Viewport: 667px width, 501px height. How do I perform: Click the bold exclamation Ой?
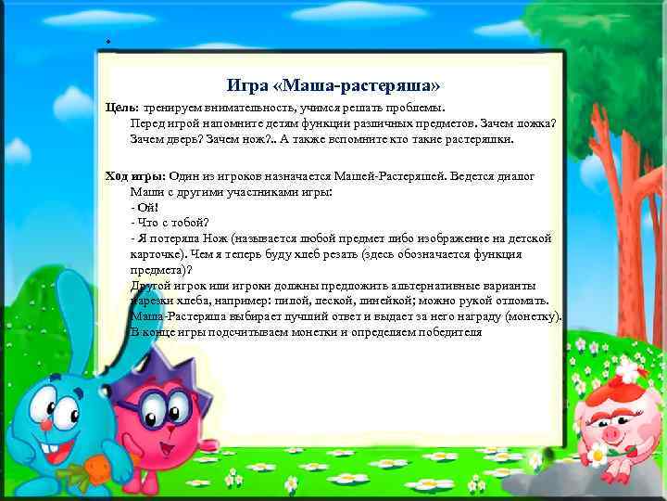[148, 207]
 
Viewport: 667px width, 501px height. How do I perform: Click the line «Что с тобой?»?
[173, 223]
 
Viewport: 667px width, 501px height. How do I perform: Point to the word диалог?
[514, 176]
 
